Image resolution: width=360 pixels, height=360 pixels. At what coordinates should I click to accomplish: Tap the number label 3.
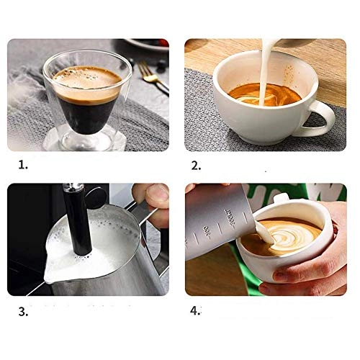point(22,312)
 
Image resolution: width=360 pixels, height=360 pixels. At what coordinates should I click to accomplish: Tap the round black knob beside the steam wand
point(93,196)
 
